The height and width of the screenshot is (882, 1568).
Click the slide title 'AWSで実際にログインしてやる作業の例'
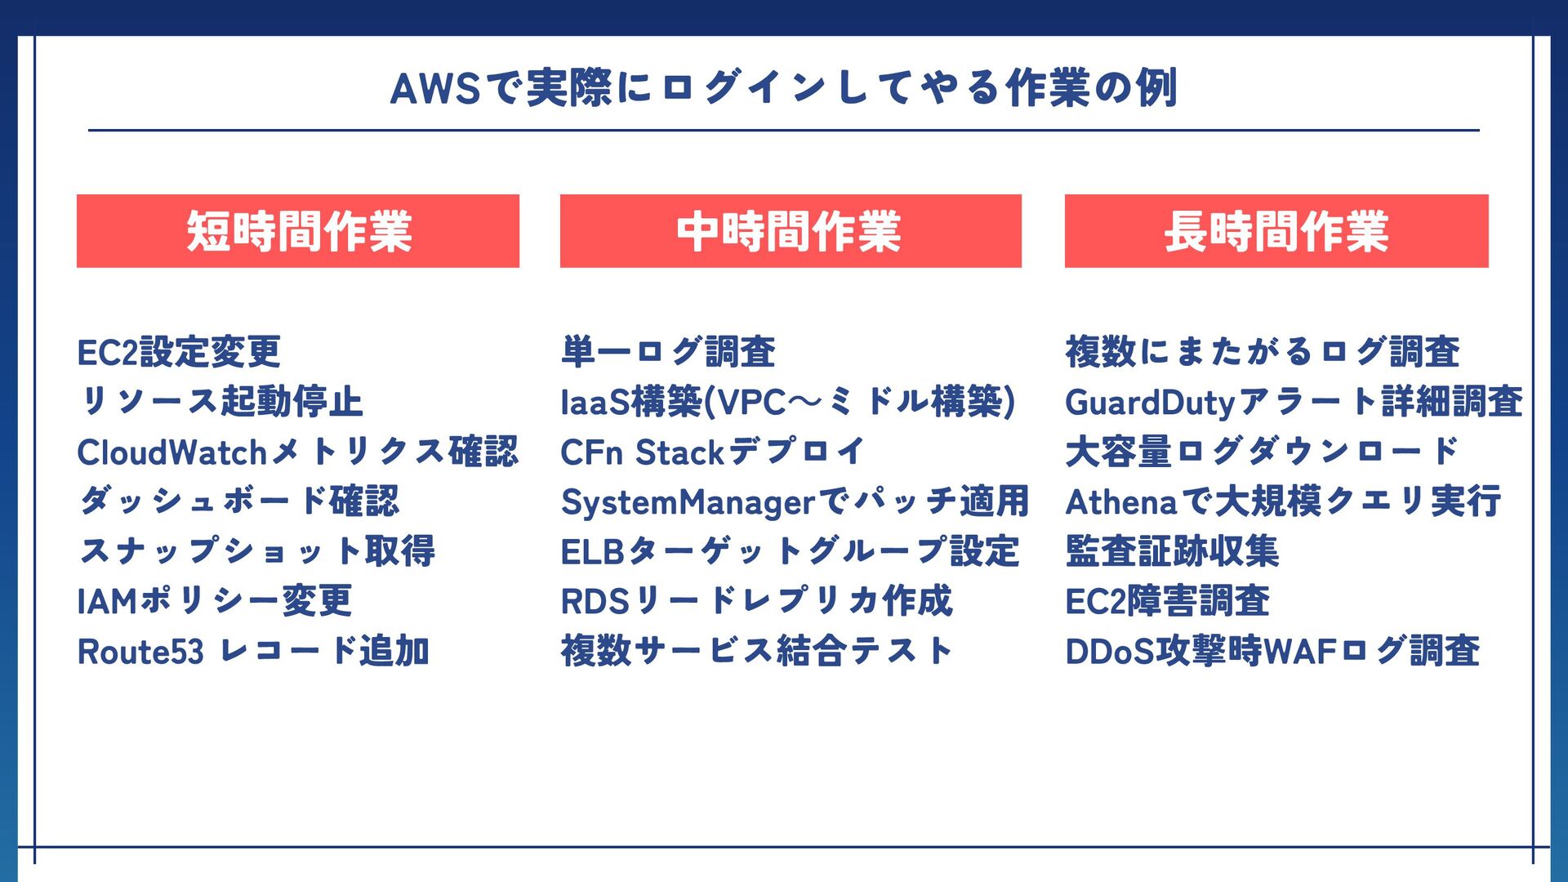click(x=783, y=88)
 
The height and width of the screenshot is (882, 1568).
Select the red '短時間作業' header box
click(x=298, y=231)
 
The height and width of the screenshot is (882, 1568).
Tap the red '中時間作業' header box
click(x=790, y=231)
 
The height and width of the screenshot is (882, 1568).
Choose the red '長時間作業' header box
click(x=1276, y=231)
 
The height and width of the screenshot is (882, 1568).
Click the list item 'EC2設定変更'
click(x=179, y=353)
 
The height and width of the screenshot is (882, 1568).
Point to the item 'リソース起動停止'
click(x=220, y=402)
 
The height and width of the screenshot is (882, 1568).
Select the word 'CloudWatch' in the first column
click(x=172, y=452)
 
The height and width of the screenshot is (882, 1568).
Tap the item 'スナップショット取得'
click(x=257, y=551)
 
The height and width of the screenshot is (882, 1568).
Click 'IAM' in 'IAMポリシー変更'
click(x=107, y=602)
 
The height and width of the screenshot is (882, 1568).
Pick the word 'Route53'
click(x=140, y=652)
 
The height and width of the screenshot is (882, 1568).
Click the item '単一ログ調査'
click(x=668, y=353)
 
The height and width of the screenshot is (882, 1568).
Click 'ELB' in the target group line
click(x=592, y=552)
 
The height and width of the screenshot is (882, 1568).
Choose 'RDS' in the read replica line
click(x=595, y=602)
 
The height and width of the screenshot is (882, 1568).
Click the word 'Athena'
click(x=1120, y=502)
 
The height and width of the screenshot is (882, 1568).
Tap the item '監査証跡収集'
click(x=1172, y=551)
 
